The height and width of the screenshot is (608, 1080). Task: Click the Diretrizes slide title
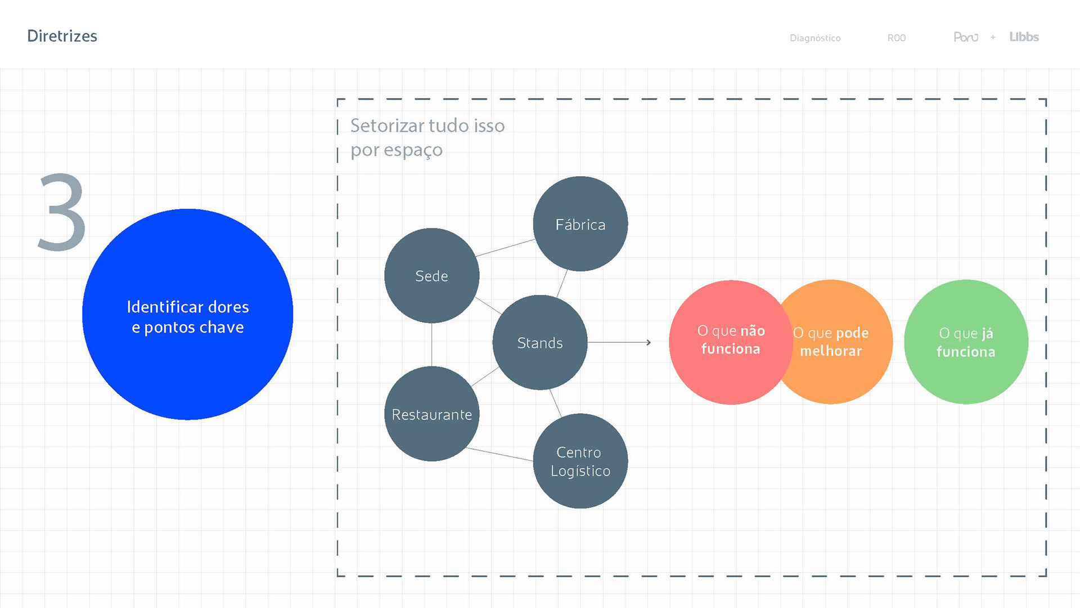62,36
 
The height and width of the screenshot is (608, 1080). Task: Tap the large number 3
62,212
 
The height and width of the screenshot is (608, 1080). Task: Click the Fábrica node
580,224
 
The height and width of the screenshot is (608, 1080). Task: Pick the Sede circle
431,276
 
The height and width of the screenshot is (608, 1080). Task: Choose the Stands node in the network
539,342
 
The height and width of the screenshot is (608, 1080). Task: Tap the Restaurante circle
431,414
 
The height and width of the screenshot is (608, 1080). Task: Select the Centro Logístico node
580,461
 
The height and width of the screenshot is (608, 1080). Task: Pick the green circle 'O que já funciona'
966,342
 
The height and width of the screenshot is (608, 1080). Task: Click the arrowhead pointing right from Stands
649,342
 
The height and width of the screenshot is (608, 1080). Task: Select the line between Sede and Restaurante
431,345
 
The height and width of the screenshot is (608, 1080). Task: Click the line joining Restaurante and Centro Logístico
499,454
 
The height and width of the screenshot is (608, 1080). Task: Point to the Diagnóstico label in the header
814,38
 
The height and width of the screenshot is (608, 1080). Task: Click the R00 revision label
896,38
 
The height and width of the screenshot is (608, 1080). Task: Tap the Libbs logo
1023,37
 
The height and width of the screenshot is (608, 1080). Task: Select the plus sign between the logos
993,38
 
